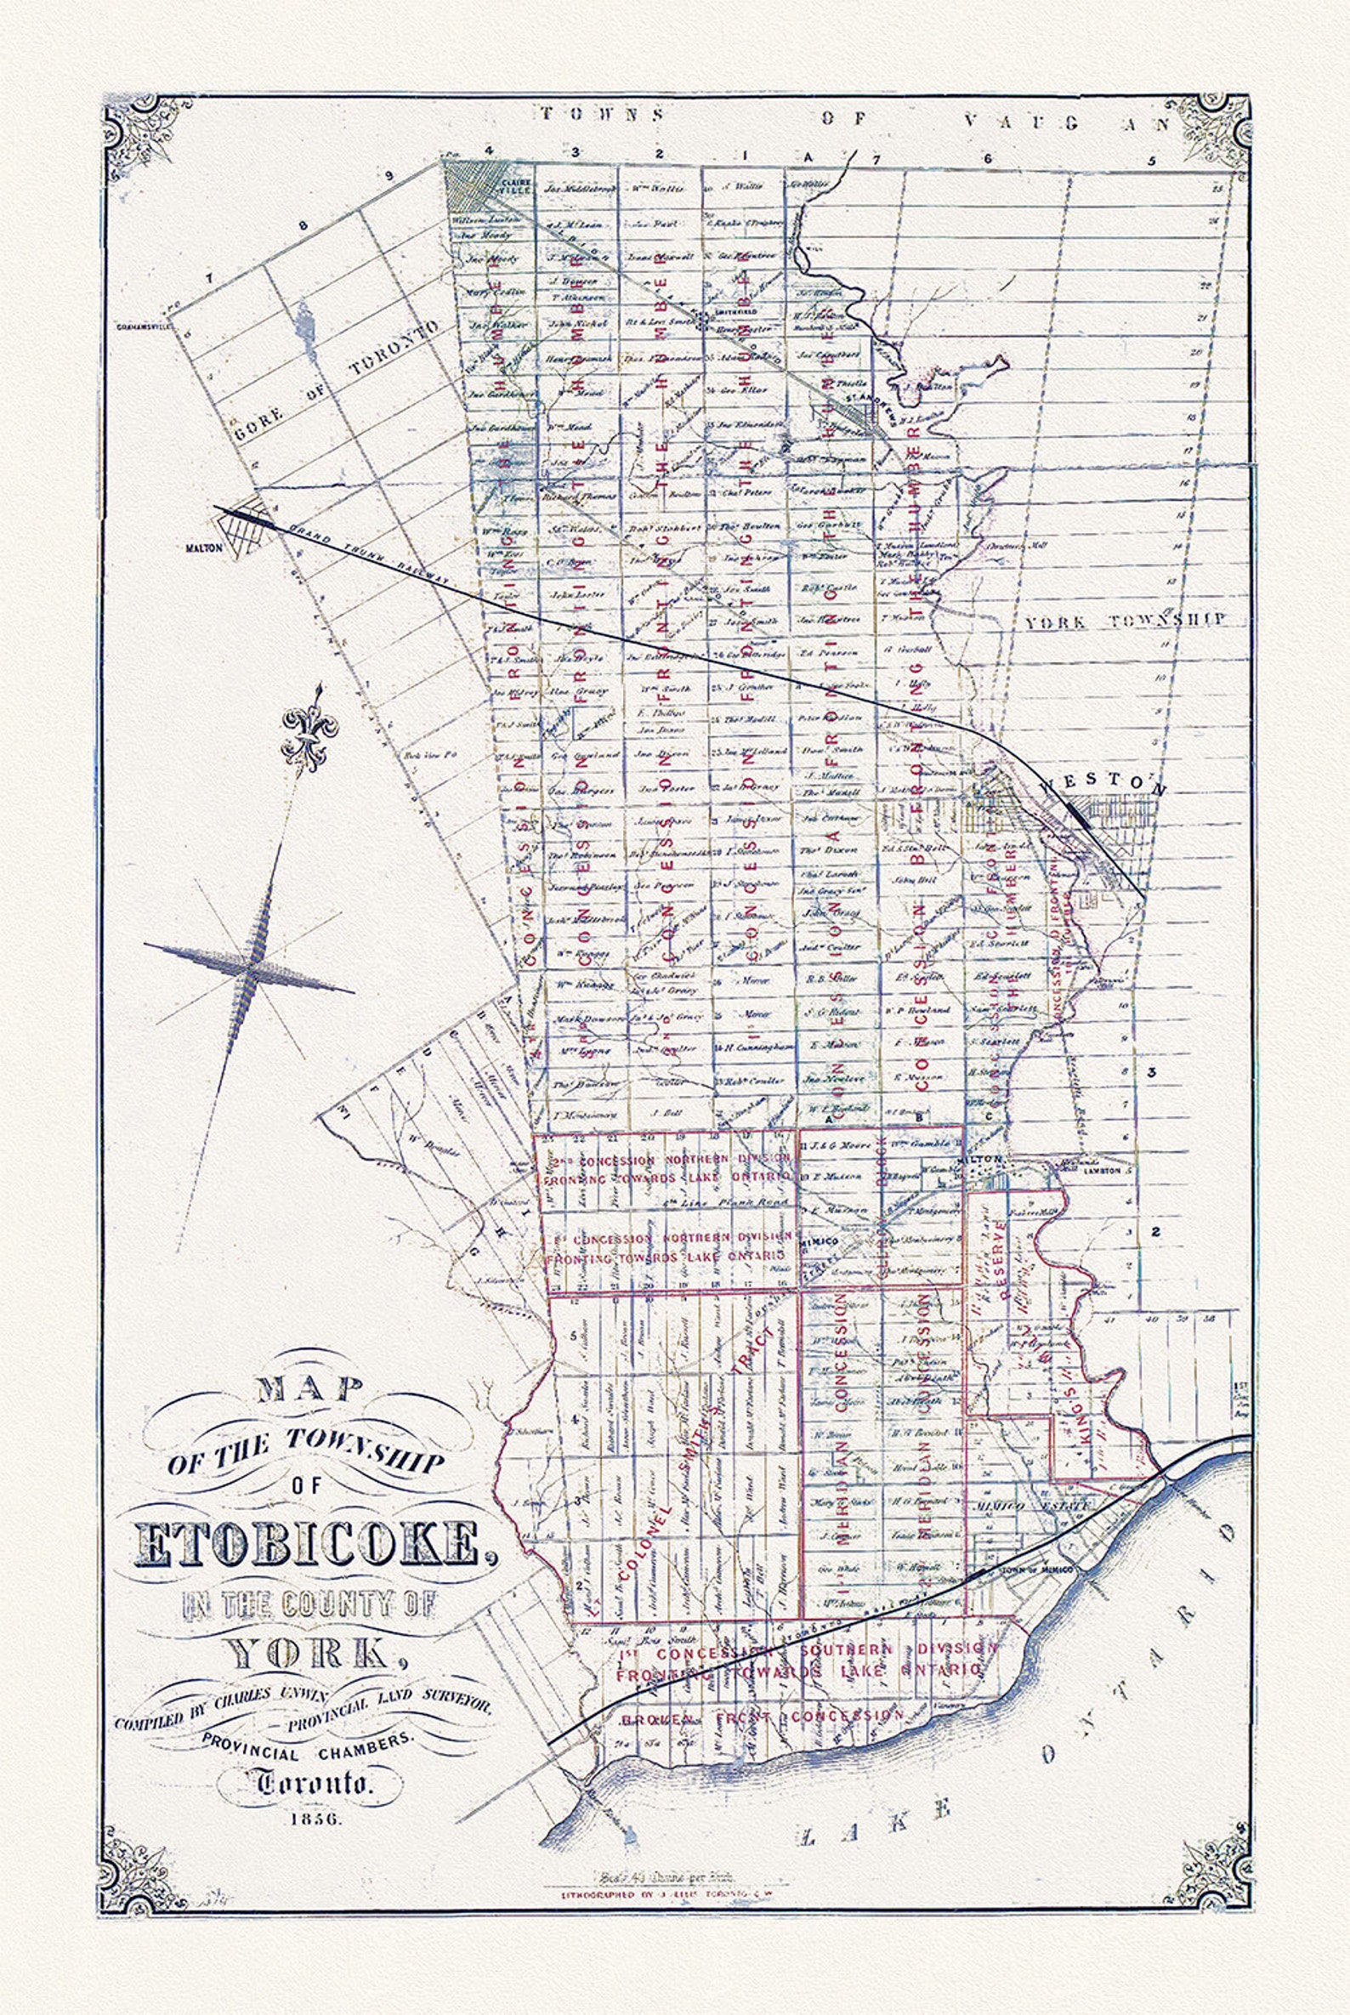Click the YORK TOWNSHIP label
pyautogui.click(x=1125, y=621)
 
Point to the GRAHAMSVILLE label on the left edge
pyautogui.click(x=145, y=327)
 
